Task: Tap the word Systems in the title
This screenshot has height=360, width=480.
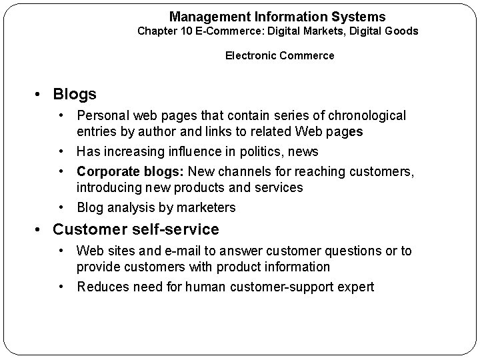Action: (361, 16)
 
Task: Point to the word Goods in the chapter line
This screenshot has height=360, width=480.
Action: (402, 31)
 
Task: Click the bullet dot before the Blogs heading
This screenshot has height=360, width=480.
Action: (41, 95)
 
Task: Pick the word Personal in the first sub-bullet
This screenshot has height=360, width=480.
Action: (102, 116)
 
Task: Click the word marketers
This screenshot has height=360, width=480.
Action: (205, 207)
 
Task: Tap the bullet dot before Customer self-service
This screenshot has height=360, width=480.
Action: (41, 230)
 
